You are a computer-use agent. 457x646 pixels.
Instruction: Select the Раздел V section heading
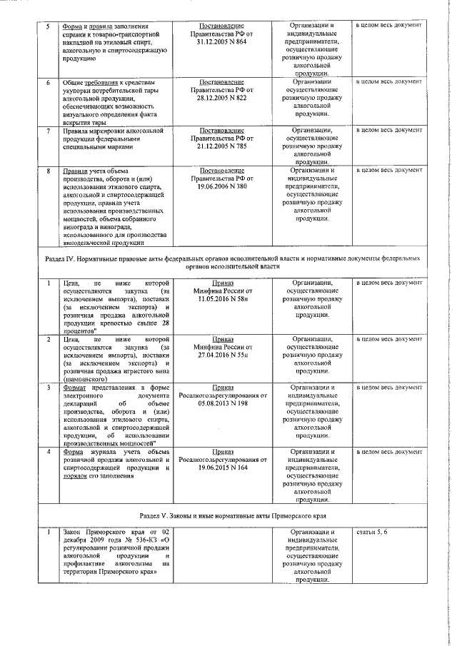(228, 515)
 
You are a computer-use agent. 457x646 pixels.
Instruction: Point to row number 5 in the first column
(47, 26)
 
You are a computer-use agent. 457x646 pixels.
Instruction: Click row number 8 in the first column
(47, 171)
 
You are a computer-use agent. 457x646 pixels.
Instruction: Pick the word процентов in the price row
(79, 331)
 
